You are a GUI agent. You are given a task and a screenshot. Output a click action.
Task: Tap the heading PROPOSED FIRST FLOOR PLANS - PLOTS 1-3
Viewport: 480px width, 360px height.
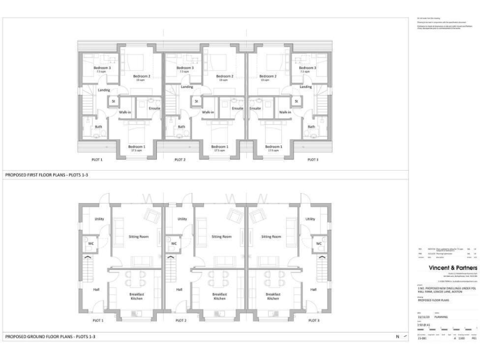46,176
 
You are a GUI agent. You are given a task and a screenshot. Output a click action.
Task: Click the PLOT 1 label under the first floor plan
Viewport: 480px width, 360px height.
97,160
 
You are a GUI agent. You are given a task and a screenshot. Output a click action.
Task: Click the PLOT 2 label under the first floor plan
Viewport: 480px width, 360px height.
179,160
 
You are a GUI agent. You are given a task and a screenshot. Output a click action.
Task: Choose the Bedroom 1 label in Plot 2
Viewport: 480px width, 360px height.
220,147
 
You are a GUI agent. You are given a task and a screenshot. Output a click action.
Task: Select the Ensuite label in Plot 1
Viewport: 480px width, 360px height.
154,108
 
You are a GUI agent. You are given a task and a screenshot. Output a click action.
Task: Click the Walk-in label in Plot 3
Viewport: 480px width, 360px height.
285,112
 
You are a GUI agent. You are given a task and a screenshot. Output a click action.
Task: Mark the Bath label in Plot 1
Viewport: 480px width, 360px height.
98,127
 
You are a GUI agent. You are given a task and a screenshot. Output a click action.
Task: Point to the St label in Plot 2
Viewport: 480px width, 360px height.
196,101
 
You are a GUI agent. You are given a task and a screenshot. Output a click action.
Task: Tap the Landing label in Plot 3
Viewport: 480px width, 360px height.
306,87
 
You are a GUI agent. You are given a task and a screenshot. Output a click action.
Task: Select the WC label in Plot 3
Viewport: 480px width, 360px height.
319,244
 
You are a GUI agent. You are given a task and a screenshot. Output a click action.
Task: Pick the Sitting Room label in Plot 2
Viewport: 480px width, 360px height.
221,237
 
